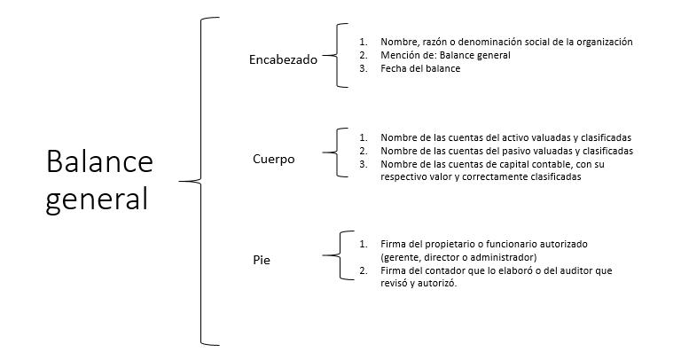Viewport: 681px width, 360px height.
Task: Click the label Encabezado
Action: [283, 59]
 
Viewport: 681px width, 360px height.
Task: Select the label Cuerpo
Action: [273, 160]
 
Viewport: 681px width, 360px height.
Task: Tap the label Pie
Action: [261, 261]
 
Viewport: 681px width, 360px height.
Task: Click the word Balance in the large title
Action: [99, 162]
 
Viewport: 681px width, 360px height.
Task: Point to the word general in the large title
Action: [97, 198]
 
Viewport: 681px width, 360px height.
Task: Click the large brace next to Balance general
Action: [200, 181]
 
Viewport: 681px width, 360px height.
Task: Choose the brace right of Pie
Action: [336, 256]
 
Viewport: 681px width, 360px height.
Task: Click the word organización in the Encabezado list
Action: [602, 42]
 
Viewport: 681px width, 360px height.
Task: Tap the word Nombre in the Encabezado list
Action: [398, 42]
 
